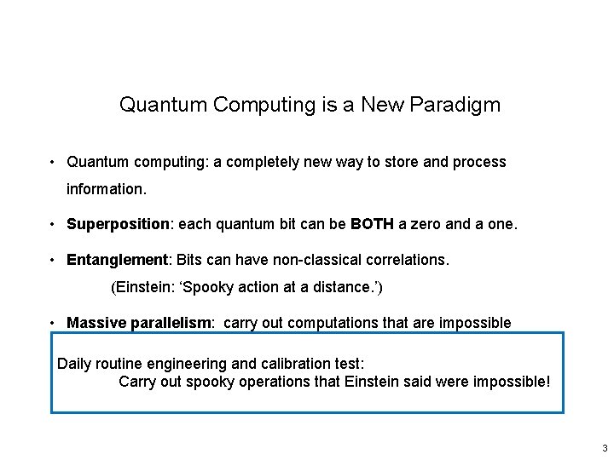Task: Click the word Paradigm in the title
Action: pos(455,105)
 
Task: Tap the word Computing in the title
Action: pos(253,105)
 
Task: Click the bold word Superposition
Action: pos(119,224)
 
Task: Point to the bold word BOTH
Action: pos(372,224)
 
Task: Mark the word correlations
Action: pos(408,258)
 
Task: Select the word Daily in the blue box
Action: pos(74,364)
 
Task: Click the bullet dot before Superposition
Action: pos(53,225)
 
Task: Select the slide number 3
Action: pos(605,448)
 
